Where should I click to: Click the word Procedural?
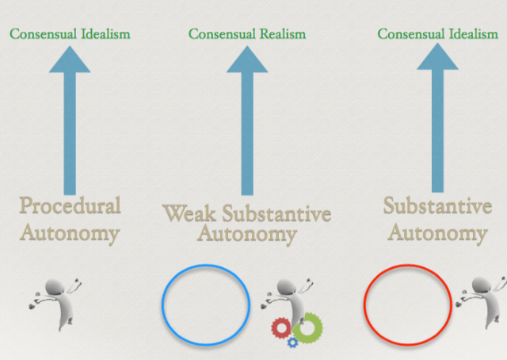(x=71, y=206)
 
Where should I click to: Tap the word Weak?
(x=189, y=213)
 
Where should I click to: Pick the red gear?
(x=281, y=327)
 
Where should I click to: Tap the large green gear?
(x=308, y=325)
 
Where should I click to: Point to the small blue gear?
(x=293, y=342)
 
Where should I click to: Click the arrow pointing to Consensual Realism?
(x=247, y=119)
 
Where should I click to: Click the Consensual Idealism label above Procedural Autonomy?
(x=70, y=34)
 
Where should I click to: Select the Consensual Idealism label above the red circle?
(x=437, y=34)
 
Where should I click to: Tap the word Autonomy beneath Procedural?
(x=70, y=233)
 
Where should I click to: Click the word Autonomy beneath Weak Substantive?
(x=246, y=234)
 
